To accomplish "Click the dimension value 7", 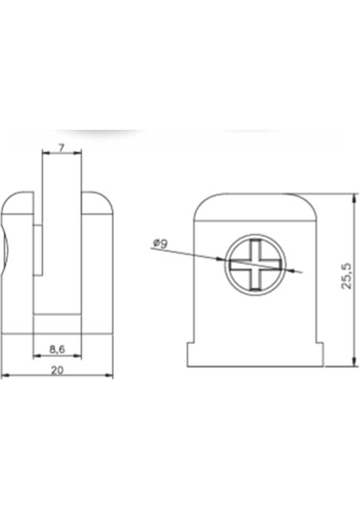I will [61, 147].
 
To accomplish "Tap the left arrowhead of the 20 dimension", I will [4, 375].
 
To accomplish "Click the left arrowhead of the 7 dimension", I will [44, 154].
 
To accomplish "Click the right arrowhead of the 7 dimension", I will [79, 154].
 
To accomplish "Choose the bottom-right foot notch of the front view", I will [319, 354].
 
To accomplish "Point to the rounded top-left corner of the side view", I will [10, 200].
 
